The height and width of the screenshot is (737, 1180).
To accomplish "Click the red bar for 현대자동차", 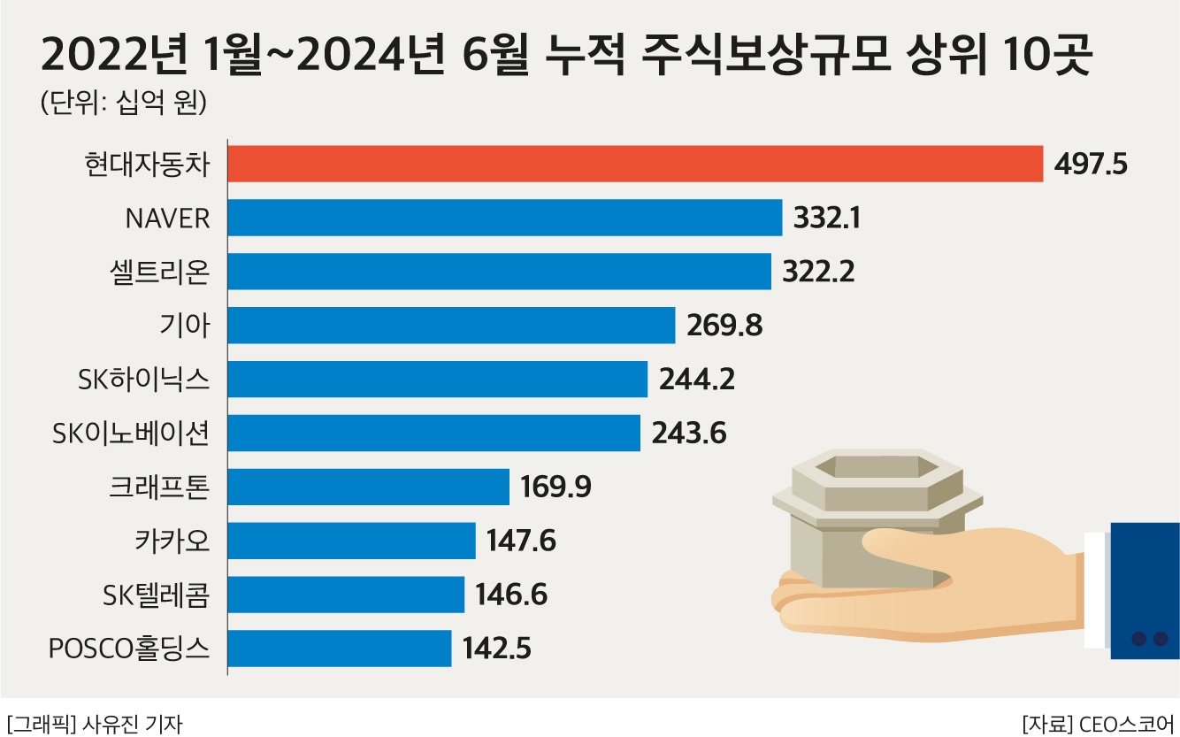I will tap(635, 164).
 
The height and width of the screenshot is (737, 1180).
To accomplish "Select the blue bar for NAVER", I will tap(505, 218).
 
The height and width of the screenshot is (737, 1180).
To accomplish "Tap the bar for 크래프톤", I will tap(369, 487).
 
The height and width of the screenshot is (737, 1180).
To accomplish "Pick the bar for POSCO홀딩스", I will tap(340, 649).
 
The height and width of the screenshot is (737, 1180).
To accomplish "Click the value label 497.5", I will tap(1092, 165).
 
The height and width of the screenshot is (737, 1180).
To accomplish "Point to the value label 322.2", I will tap(818, 272).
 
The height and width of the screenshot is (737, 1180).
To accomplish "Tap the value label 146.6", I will tap(511, 595).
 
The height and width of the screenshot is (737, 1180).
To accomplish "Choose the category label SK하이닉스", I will tap(144, 380).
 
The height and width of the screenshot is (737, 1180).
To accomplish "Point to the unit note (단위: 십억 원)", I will tap(124, 103).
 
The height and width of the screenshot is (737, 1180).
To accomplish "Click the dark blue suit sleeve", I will tap(1145, 588).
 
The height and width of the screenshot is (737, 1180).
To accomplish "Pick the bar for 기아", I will tap(452, 326).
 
